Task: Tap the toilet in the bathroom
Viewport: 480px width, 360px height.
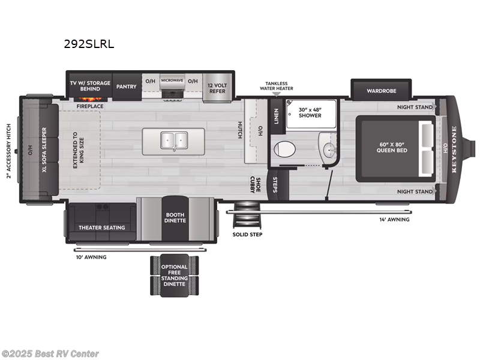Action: [284, 148]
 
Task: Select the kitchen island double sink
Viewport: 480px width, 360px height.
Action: [173, 140]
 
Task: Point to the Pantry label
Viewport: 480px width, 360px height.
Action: [127, 86]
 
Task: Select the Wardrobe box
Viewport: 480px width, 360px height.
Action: [381, 91]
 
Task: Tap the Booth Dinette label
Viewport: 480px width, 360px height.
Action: [175, 217]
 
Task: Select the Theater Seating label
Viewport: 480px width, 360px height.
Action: [101, 227]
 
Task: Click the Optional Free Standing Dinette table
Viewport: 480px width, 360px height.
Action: [174, 275]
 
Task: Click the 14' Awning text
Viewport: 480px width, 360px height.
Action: [394, 220]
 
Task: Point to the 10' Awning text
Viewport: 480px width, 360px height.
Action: [91, 257]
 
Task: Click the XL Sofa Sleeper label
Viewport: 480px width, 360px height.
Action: [44, 149]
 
